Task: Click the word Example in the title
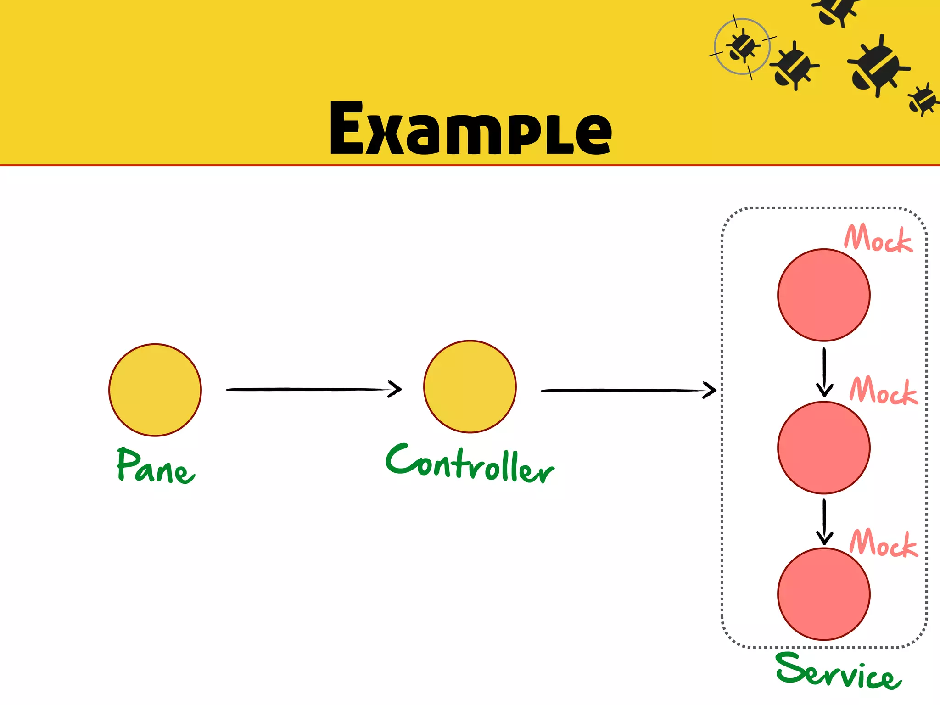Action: click(470, 129)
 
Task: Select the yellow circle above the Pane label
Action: click(155, 390)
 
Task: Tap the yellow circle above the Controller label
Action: click(470, 386)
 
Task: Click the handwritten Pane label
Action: click(155, 465)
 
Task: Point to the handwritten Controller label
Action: click(470, 464)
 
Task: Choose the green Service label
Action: click(838, 671)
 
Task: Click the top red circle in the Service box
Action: click(824, 295)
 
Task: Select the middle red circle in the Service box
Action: click(824, 448)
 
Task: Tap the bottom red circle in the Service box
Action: click(824, 594)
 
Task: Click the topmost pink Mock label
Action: click(878, 238)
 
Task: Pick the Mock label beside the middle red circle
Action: click(884, 391)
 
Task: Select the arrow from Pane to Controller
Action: click(313, 389)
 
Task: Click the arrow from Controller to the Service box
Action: click(628, 390)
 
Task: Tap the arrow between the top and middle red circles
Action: click(824, 372)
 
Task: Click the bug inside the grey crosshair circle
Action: click(742, 46)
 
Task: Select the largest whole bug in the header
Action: click(878, 67)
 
